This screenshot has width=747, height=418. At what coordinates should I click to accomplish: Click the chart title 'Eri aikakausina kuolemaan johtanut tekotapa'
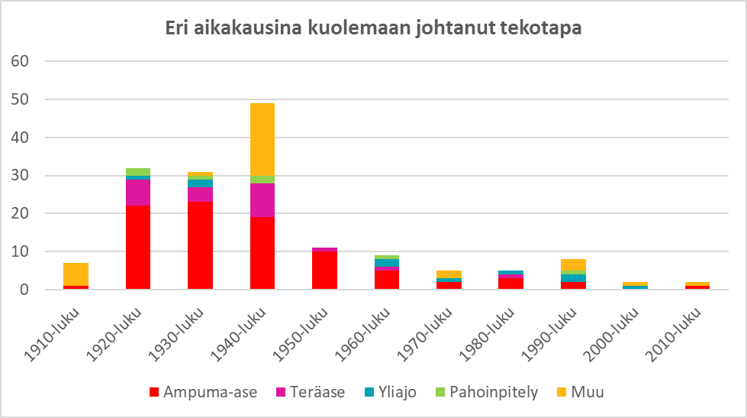374,28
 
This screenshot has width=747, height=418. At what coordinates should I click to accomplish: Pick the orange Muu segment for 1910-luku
76,274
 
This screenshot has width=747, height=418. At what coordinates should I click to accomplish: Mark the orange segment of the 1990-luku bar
574,264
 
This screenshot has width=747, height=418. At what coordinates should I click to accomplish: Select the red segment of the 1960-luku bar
387,280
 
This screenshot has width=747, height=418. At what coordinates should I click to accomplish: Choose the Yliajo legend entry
391,393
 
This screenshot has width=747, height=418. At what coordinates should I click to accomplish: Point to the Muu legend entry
582,393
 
